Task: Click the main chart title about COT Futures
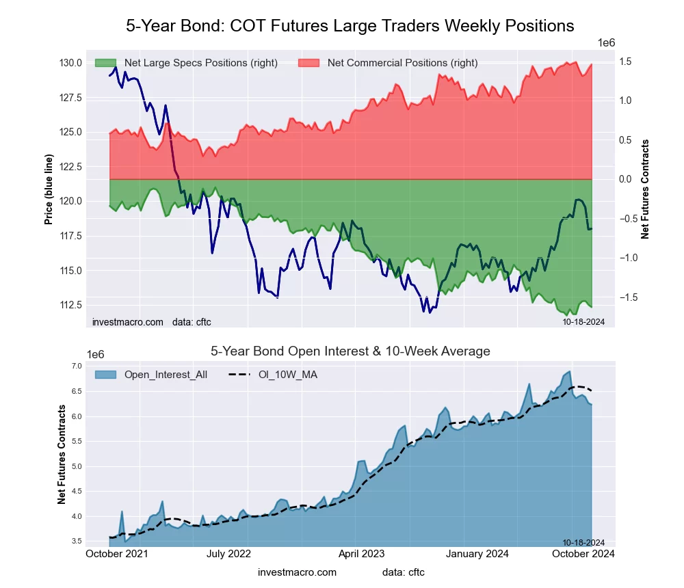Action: point(350,26)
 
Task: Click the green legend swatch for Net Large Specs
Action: point(105,63)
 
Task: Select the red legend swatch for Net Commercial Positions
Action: point(308,63)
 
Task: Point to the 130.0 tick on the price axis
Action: point(71,63)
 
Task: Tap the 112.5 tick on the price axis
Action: point(71,305)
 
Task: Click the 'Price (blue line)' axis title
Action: point(49,189)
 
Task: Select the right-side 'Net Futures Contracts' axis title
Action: point(644,189)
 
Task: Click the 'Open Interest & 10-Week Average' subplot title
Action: point(350,351)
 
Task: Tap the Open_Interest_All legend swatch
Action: point(105,375)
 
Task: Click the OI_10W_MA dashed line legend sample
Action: point(237,375)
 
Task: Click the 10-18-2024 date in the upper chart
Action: point(579,321)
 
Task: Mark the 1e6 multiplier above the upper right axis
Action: point(606,43)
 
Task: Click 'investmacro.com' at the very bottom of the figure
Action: point(297,572)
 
